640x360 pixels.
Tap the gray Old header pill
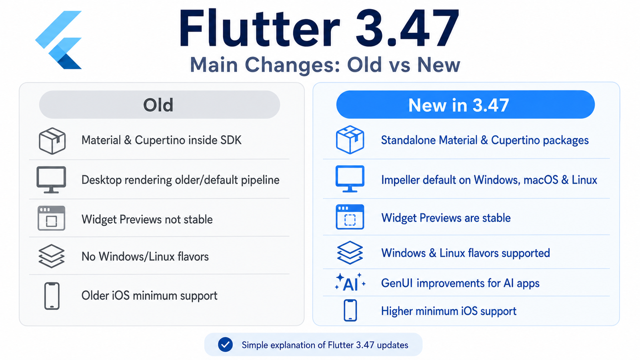click(160, 104)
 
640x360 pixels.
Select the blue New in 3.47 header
click(466, 104)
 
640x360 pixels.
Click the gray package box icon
click(52, 141)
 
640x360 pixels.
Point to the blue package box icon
click(350, 140)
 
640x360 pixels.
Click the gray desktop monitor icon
click(52, 180)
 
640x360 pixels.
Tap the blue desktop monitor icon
click(350, 179)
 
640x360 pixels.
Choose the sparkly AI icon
click(350, 282)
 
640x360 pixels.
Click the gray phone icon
click(52, 296)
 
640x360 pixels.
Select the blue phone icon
click(350, 310)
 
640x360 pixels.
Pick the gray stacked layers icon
click(52, 256)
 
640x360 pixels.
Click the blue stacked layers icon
click(350, 252)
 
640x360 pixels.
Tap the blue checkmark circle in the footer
click(226, 344)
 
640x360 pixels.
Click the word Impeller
click(400, 180)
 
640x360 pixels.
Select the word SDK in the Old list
click(231, 140)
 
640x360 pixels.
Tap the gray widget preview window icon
click(52, 218)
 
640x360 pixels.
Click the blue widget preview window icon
click(350, 217)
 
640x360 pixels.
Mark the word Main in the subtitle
click(214, 65)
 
